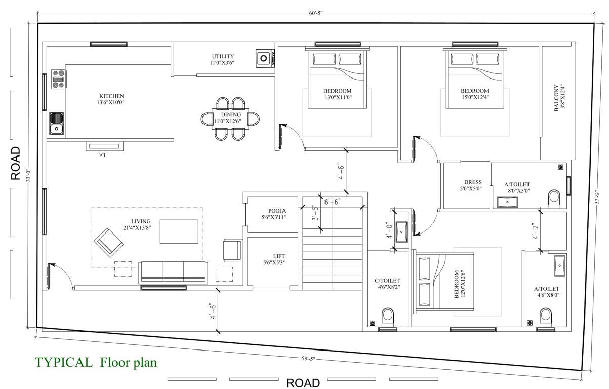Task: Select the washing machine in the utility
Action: (x=264, y=58)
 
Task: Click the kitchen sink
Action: (x=56, y=124)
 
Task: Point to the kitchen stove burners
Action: (x=59, y=79)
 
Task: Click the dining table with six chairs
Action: (x=230, y=118)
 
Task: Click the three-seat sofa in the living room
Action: (x=173, y=272)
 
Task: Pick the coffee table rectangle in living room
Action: (x=179, y=231)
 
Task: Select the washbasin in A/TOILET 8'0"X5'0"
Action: (x=507, y=202)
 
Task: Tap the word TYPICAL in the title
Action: (x=64, y=362)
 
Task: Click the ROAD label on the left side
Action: (x=16, y=164)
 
